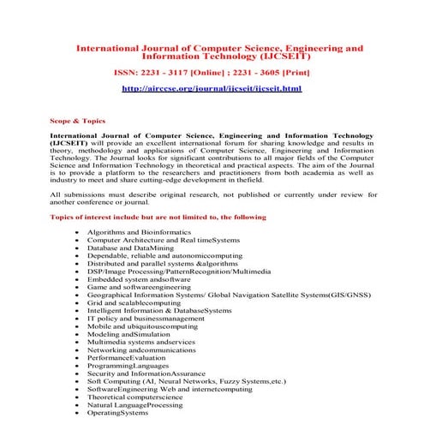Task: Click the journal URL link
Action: click(212, 88)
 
